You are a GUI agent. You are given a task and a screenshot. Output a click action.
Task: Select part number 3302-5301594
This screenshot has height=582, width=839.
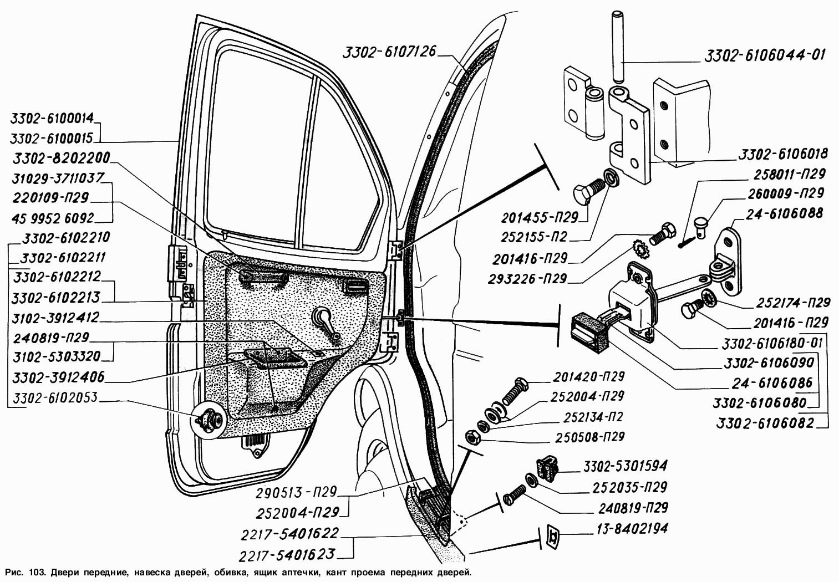[x=624, y=465]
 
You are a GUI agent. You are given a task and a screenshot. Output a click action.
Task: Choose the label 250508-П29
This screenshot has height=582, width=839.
[x=589, y=437]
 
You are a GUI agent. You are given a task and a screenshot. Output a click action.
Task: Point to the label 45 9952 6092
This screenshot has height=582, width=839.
[x=53, y=217]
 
